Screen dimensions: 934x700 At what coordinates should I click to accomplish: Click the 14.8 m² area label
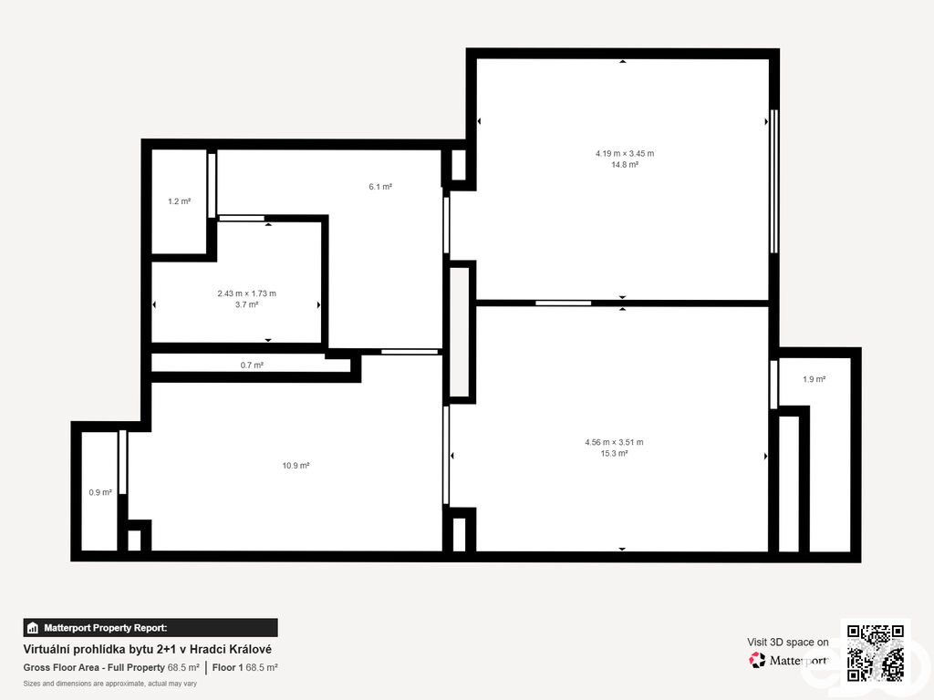point(625,165)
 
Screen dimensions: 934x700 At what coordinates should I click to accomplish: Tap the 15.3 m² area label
point(614,454)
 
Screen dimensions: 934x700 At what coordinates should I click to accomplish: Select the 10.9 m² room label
point(296,466)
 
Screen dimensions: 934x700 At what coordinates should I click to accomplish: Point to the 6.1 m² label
point(380,187)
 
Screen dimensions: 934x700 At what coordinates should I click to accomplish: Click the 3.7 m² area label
point(246,304)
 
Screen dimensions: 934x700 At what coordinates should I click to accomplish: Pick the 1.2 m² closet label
point(180,201)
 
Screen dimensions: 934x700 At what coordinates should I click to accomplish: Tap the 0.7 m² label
point(252,365)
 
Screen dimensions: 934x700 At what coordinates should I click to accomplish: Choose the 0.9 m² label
point(100,493)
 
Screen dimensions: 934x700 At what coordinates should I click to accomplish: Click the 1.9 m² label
point(815,379)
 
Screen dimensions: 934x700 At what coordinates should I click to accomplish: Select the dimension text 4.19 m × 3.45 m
point(625,153)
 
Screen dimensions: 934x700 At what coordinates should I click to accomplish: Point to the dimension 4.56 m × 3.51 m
point(614,442)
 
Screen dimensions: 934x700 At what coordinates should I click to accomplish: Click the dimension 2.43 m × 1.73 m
point(246,293)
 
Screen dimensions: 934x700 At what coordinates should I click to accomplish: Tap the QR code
point(876,653)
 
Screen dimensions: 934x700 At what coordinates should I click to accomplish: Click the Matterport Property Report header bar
point(150,628)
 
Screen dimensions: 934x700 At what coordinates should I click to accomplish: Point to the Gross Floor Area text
point(111,668)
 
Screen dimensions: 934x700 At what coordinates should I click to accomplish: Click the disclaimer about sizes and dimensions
point(110,684)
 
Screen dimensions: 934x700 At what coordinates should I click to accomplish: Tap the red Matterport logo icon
point(757,660)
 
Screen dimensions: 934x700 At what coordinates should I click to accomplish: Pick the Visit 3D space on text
point(788,643)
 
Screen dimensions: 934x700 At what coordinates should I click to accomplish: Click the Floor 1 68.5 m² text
point(244,668)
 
